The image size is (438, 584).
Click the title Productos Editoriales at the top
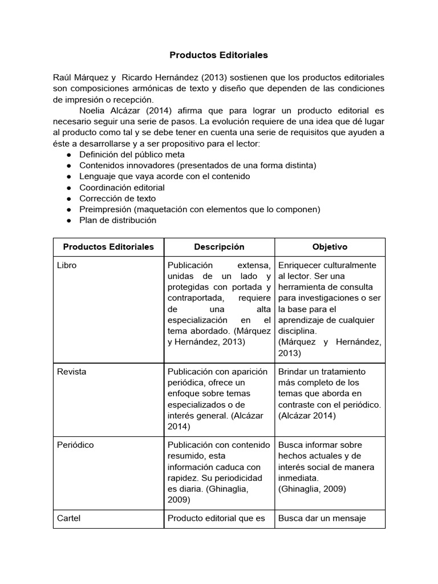pos(218,55)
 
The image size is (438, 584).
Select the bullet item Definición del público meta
pos(132,155)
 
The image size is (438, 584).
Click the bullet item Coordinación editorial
pos(122,187)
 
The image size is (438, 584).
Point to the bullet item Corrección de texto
pos(117,198)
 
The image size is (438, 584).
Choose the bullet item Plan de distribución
pos(117,220)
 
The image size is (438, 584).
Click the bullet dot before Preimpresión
pos(68,209)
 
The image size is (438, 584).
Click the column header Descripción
pos(219,247)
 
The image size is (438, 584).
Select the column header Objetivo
pos(330,247)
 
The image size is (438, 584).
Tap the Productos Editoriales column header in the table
pos(108,247)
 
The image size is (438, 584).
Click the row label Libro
pos(66,265)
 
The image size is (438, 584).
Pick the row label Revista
pos(72,371)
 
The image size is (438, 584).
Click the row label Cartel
pos(69,518)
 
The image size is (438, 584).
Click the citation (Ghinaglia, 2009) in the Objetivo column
pos(312,489)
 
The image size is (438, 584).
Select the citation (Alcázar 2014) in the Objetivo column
pos(307,416)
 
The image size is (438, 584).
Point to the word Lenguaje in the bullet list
pos(98,176)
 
